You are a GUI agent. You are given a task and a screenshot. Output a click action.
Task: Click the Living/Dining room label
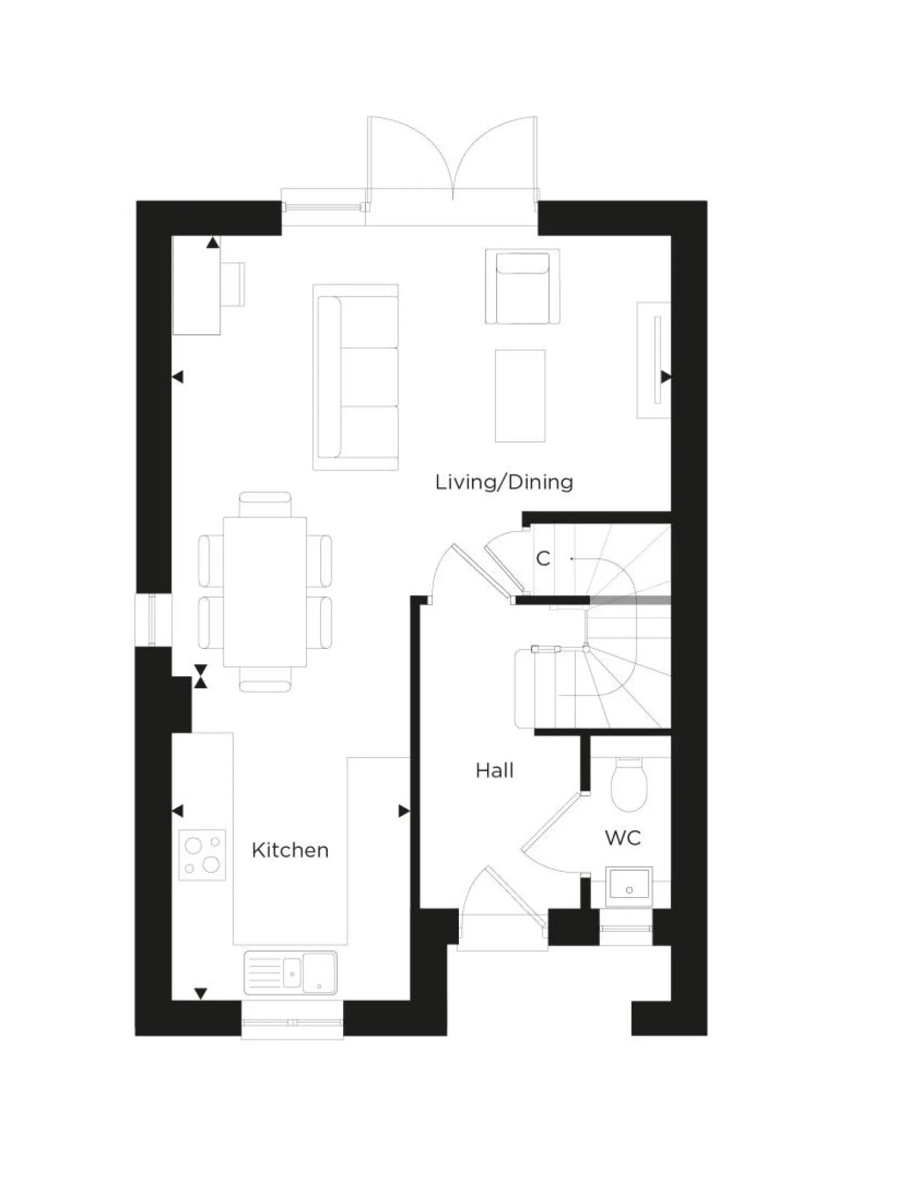pyautogui.click(x=504, y=482)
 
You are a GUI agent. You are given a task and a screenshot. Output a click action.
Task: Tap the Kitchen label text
pyautogui.click(x=289, y=850)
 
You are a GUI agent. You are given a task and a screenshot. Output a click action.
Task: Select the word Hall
pyautogui.click(x=494, y=771)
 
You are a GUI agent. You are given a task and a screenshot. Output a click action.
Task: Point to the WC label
pyautogui.click(x=622, y=837)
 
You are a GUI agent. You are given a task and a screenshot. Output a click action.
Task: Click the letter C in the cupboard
pyautogui.click(x=543, y=558)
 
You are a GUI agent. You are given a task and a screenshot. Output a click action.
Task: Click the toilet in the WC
pyautogui.click(x=628, y=783)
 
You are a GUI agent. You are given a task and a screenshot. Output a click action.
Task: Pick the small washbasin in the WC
pyautogui.click(x=629, y=886)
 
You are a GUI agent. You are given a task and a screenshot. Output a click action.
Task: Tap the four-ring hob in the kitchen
pyautogui.click(x=202, y=854)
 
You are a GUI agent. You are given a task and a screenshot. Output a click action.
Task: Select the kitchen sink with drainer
pyautogui.click(x=290, y=972)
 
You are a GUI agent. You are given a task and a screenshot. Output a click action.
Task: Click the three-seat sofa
pyautogui.click(x=355, y=377)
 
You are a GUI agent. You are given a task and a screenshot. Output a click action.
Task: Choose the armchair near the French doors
pyautogui.click(x=522, y=286)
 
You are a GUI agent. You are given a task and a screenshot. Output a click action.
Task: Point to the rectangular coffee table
pyautogui.click(x=520, y=395)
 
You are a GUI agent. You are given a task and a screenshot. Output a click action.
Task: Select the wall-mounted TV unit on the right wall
pyautogui.click(x=654, y=360)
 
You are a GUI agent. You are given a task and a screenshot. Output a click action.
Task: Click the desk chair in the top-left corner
pyautogui.click(x=233, y=284)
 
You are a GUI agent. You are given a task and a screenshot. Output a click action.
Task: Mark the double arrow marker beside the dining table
pyautogui.click(x=201, y=676)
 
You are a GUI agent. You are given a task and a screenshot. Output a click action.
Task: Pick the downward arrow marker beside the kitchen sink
pyautogui.click(x=201, y=993)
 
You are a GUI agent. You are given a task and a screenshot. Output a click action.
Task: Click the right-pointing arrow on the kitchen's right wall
pyautogui.click(x=403, y=811)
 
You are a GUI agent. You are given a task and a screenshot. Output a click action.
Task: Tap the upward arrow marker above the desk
pyautogui.click(x=213, y=243)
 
